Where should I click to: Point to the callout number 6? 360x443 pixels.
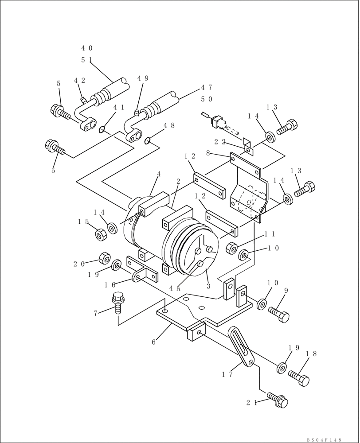pos(153,342)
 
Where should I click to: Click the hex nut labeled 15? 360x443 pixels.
pos(101,234)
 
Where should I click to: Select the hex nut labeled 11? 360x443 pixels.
pos(231,249)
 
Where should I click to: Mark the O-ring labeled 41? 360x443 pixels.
pos(102,129)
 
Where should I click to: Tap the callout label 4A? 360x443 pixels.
pos(175,288)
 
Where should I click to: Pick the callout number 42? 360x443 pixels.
pos(79,81)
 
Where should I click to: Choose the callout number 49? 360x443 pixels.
pos(143,78)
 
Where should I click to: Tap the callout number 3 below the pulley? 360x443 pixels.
pos(208,286)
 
